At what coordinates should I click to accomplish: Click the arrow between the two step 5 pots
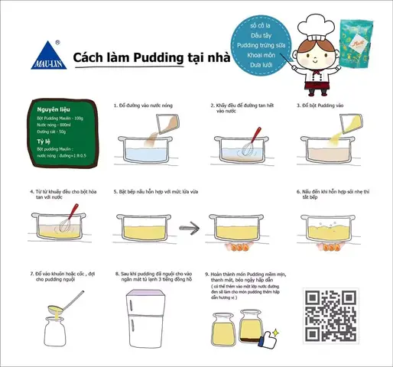[x=190, y=227]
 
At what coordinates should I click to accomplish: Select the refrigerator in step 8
[x=145, y=316]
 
